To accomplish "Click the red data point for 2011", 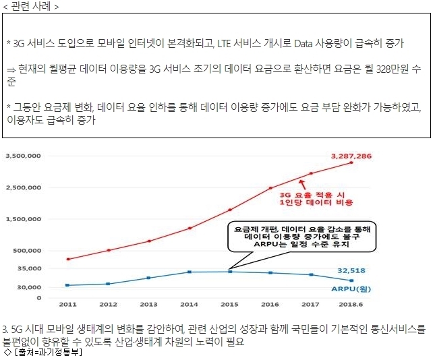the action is (68, 259).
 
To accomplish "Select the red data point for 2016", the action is (270, 188).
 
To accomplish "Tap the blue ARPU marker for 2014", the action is (190, 272).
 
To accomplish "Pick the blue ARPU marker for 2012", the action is (108, 284).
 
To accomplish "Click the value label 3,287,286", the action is (351, 156).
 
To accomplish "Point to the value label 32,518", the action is (351, 270).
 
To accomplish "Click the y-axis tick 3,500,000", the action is (24, 156).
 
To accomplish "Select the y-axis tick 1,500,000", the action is (24, 219).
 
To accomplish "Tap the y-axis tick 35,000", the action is (30, 268).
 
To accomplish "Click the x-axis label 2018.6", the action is (351, 304).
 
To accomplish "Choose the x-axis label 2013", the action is (148, 304).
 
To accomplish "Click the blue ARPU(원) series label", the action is (351, 289).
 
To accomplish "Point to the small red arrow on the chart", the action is (302, 185).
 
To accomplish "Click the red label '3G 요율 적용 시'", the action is (312, 195).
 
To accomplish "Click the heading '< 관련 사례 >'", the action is (31, 6).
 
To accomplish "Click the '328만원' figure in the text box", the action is (393, 69).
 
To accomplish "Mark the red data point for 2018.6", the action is (351, 162).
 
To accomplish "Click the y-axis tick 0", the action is (39, 298).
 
